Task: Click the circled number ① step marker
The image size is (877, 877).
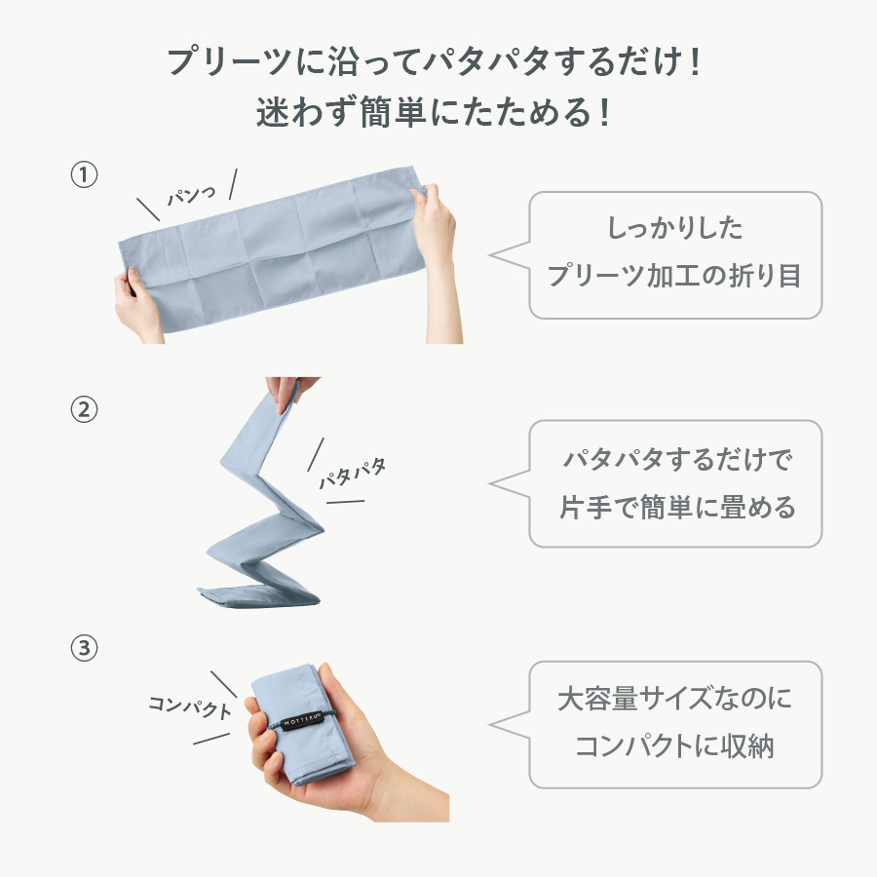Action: point(84,175)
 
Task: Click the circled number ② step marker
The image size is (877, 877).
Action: point(84,409)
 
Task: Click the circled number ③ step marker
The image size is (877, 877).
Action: point(84,647)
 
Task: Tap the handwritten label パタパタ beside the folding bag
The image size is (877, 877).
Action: point(353,474)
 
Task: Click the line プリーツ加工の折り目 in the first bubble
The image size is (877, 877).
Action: point(674,275)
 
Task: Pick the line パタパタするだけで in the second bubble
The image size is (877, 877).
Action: point(674,459)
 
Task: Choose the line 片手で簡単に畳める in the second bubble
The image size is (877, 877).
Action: point(674,507)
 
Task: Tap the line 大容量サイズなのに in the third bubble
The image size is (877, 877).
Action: point(674,699)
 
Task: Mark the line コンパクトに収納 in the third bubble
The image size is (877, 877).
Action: point(674,745)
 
